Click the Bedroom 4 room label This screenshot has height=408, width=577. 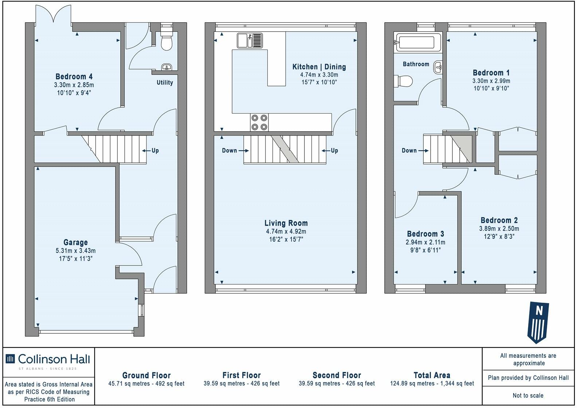[x=74, y=76]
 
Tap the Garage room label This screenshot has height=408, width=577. [x=75, y=242]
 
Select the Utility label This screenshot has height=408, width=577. [x=165, y=82]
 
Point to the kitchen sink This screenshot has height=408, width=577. [x=250, y=40]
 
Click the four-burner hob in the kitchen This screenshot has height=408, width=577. [x=259, y=122]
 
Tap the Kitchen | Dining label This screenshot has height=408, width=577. [x=319, y=67]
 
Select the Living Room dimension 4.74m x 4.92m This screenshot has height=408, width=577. [x=286, y=231]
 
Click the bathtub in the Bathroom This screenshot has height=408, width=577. [x=418, y=42]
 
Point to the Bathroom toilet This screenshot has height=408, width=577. [x=403, y=81]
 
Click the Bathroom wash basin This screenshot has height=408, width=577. [x=437, y=67]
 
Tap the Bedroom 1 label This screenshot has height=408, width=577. [x=491, y=72]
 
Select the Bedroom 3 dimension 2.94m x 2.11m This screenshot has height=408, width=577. [x=425, y=242]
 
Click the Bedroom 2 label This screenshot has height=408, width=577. [x=499, y=220]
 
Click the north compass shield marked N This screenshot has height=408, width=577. [x=538, y=322]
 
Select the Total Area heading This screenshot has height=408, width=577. [x=432, y=375]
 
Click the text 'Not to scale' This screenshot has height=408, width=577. [x=528, y=395]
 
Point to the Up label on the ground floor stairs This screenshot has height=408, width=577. [x=155, y=150]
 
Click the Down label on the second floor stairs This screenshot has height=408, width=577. [x=409, y=150]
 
